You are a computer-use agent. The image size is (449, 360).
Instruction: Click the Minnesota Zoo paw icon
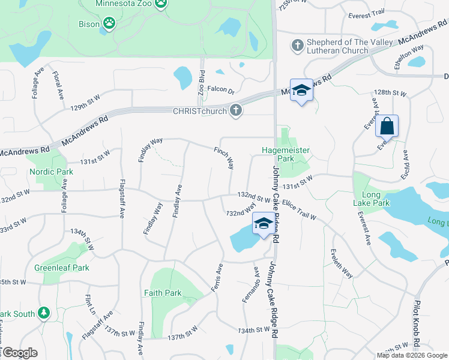(x=160, y=4)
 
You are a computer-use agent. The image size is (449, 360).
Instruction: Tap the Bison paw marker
(x=109, y=23)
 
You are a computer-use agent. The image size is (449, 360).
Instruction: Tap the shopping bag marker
(x=387, y=127)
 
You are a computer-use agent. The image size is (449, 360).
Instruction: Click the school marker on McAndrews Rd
(x=302, y=90)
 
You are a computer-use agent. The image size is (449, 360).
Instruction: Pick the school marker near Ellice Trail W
(x=262, y=224)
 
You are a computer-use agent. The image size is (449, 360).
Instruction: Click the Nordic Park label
(x=51, y=172)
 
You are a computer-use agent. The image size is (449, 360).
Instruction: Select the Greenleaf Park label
(x=62, y=268)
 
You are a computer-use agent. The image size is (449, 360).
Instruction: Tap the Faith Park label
(x=162, y=293)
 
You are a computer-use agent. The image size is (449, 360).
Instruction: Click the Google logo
(x=19, y=353)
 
